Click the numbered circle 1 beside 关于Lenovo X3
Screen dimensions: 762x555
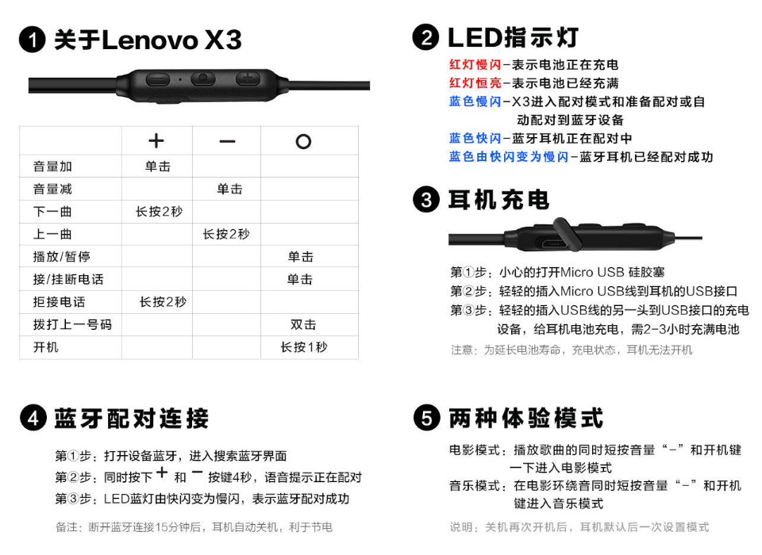[33, 40]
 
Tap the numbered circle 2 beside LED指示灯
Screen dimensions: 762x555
[426, 37]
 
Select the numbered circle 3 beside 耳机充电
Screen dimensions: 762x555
[426, 199]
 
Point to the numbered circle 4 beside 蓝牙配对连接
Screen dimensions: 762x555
[33, 418]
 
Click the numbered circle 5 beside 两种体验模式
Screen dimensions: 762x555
[427, 418]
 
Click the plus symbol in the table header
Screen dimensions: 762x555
[156, 141]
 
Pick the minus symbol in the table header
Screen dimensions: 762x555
[227, 141]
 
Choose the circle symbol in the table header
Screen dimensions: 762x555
[303, 141]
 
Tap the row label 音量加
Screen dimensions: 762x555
[52, 166]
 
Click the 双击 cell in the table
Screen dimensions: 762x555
[303, 324]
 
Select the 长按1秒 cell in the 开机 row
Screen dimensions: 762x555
[304, 347]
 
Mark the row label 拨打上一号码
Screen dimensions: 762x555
[72, 324]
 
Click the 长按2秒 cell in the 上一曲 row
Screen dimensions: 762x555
[226, 234]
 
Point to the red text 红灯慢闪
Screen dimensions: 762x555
[475, 64]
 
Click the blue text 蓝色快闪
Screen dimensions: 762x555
[475, 139]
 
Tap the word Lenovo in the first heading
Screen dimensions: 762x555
[150, 40]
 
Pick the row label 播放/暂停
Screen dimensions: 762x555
[62, 256]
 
